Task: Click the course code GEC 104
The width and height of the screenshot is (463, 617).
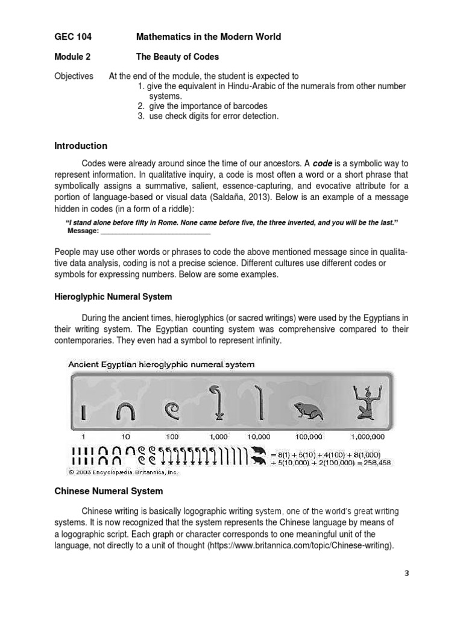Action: pos(73,37)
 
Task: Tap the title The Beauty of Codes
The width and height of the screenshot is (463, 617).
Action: pos(177,57)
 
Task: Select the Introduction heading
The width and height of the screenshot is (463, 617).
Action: pos(81,146)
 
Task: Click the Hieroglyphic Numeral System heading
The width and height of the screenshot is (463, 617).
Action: pos(113,297)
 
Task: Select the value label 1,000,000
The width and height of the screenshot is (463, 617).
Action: pos(368,436)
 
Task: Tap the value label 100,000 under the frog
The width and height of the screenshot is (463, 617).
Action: pos(309,436)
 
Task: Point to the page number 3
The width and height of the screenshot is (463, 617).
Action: pos(407,573)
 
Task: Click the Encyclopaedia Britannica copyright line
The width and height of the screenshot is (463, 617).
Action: pos(124,473)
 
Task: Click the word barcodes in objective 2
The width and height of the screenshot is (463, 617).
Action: pos(251,106)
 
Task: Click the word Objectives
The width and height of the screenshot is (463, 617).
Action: pos(74,76)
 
